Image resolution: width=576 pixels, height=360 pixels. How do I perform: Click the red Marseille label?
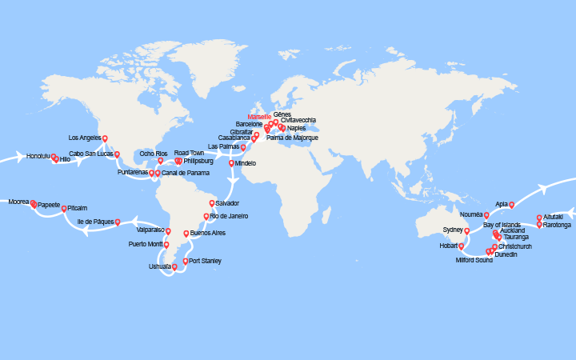click(259, 117)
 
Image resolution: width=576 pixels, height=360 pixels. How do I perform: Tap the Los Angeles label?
click(85, 138)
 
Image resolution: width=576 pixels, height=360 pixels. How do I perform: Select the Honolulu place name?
click(38, 156)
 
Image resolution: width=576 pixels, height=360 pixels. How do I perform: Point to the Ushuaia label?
click(160, 266)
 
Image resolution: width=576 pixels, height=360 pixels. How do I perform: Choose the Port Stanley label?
click(206, 261)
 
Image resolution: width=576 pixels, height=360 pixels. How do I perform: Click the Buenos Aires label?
click(208, 233)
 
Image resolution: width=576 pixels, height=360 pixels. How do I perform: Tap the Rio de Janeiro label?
click(229, 216)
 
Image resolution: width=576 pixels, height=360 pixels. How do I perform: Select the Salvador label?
click(227, 203)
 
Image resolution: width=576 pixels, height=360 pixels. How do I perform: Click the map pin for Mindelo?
click(232, 163)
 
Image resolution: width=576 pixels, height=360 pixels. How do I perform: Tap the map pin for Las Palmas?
click(243, 146)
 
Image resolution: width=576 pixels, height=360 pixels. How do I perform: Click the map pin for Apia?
click(511, 204)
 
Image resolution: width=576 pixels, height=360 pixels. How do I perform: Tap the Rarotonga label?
click(557, 225)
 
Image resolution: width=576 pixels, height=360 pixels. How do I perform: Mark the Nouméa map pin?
click(486, 214)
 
